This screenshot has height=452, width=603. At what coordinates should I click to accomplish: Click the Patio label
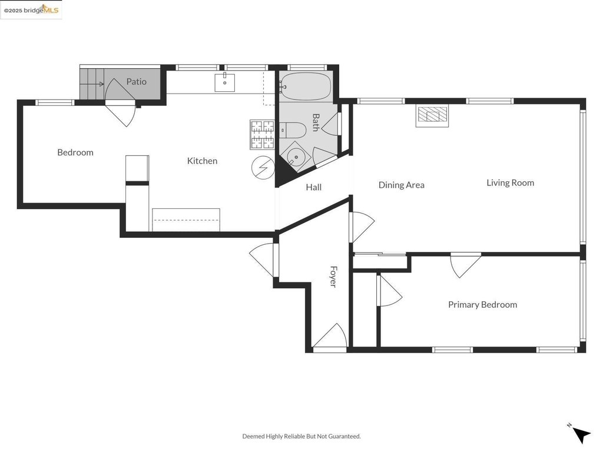click(x=136, y=81)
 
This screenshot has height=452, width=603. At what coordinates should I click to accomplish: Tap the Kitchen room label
click(x=202, y=161)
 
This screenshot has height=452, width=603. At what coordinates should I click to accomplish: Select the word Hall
click(x=313, y=187)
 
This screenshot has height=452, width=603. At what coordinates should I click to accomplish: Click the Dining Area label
click(x=401, y=185)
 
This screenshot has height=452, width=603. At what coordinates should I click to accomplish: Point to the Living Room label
click(x=510, y=182)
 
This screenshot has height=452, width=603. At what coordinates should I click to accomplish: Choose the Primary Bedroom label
click(x=482, y=304)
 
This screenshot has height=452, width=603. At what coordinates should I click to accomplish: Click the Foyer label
click(x=333, y=277)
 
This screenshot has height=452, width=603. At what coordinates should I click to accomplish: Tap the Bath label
click(x=316, y=122)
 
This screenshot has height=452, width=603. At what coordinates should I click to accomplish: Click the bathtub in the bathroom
click(x=306, y=86)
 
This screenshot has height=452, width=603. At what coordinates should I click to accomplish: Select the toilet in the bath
click(x=292, y=130)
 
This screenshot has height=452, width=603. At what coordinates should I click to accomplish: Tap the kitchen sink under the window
click(x=224, y=82)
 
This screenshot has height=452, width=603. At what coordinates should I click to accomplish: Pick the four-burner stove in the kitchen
click(x=262, y=135)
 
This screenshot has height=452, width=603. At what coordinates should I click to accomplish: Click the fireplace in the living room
click(x=432, y=116)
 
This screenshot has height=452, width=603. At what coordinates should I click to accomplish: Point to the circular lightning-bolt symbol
click(x=263, y=168)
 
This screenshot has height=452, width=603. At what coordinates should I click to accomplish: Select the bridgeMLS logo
click(x=31, y=9)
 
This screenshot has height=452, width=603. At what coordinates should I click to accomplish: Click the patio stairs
click(x=92, y=84)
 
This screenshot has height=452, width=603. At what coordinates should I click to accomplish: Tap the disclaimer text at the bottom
click(x=301, y=436)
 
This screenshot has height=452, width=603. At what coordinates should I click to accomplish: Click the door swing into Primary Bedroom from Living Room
click(x=466, y=265)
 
